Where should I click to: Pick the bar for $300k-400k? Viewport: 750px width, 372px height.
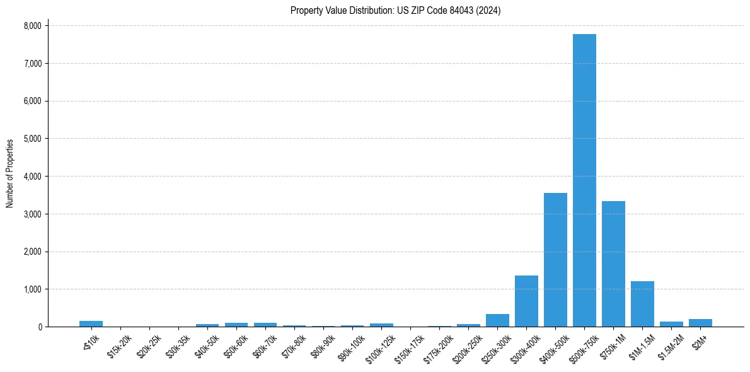[526, 301]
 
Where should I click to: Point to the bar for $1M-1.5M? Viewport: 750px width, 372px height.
[642, 304]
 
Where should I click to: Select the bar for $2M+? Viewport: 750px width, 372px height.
[700, 323]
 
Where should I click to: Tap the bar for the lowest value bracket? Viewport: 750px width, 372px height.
[91, 324]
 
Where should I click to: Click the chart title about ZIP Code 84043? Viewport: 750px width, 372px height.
[395, 11]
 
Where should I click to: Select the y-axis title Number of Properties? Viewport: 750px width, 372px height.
[10, 173]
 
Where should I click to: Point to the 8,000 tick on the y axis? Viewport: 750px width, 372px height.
[32, 26]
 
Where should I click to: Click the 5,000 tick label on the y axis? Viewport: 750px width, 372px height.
[32, 139]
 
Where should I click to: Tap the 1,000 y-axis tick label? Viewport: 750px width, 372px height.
[32, 289]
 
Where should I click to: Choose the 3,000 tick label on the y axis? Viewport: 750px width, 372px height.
[32, 214]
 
